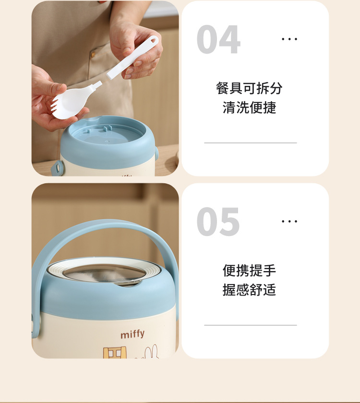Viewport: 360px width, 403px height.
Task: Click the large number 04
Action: [218, 39]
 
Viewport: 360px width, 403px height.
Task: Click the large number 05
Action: [218, 222]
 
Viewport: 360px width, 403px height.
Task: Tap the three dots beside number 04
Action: [289, 39]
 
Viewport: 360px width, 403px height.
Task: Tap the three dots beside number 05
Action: [289, 221]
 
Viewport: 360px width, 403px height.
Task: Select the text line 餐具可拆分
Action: [249, 88]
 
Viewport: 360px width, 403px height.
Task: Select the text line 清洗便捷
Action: [249, 107]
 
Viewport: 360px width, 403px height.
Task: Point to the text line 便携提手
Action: [249, 271]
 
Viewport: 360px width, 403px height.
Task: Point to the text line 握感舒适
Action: [249, 290]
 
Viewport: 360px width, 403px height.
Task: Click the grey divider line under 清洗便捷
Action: [251, 142]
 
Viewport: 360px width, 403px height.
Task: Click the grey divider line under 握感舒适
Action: [251, 325]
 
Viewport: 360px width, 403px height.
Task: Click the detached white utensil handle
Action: [132, 58]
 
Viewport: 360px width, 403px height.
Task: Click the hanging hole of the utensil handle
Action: [153, 40]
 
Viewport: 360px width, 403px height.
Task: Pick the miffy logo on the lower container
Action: [132, 334]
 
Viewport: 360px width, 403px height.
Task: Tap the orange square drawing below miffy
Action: [115, 353]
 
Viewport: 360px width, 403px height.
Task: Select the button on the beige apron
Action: [93, 55]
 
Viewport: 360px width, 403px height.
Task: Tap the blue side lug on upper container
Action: [57, 168]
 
